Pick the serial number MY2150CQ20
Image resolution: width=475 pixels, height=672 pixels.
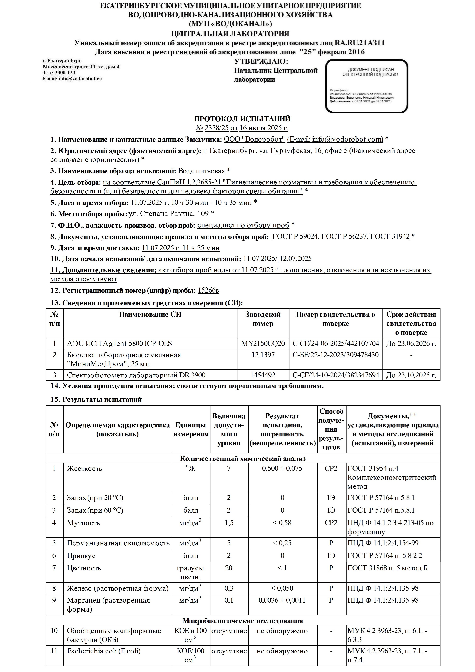[x=263, y=343]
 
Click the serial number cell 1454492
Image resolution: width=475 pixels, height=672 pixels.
[x=263, y=375]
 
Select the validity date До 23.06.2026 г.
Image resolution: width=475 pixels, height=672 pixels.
[x=411, y=343]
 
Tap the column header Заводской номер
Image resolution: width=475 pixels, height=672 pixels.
[x=263, y=319]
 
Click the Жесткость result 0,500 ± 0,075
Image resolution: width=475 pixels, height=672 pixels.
[x=282, y=468]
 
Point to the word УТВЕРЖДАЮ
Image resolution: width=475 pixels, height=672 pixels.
[x=261, y=61]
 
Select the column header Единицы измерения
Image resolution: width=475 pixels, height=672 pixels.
[x=191, y=429]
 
